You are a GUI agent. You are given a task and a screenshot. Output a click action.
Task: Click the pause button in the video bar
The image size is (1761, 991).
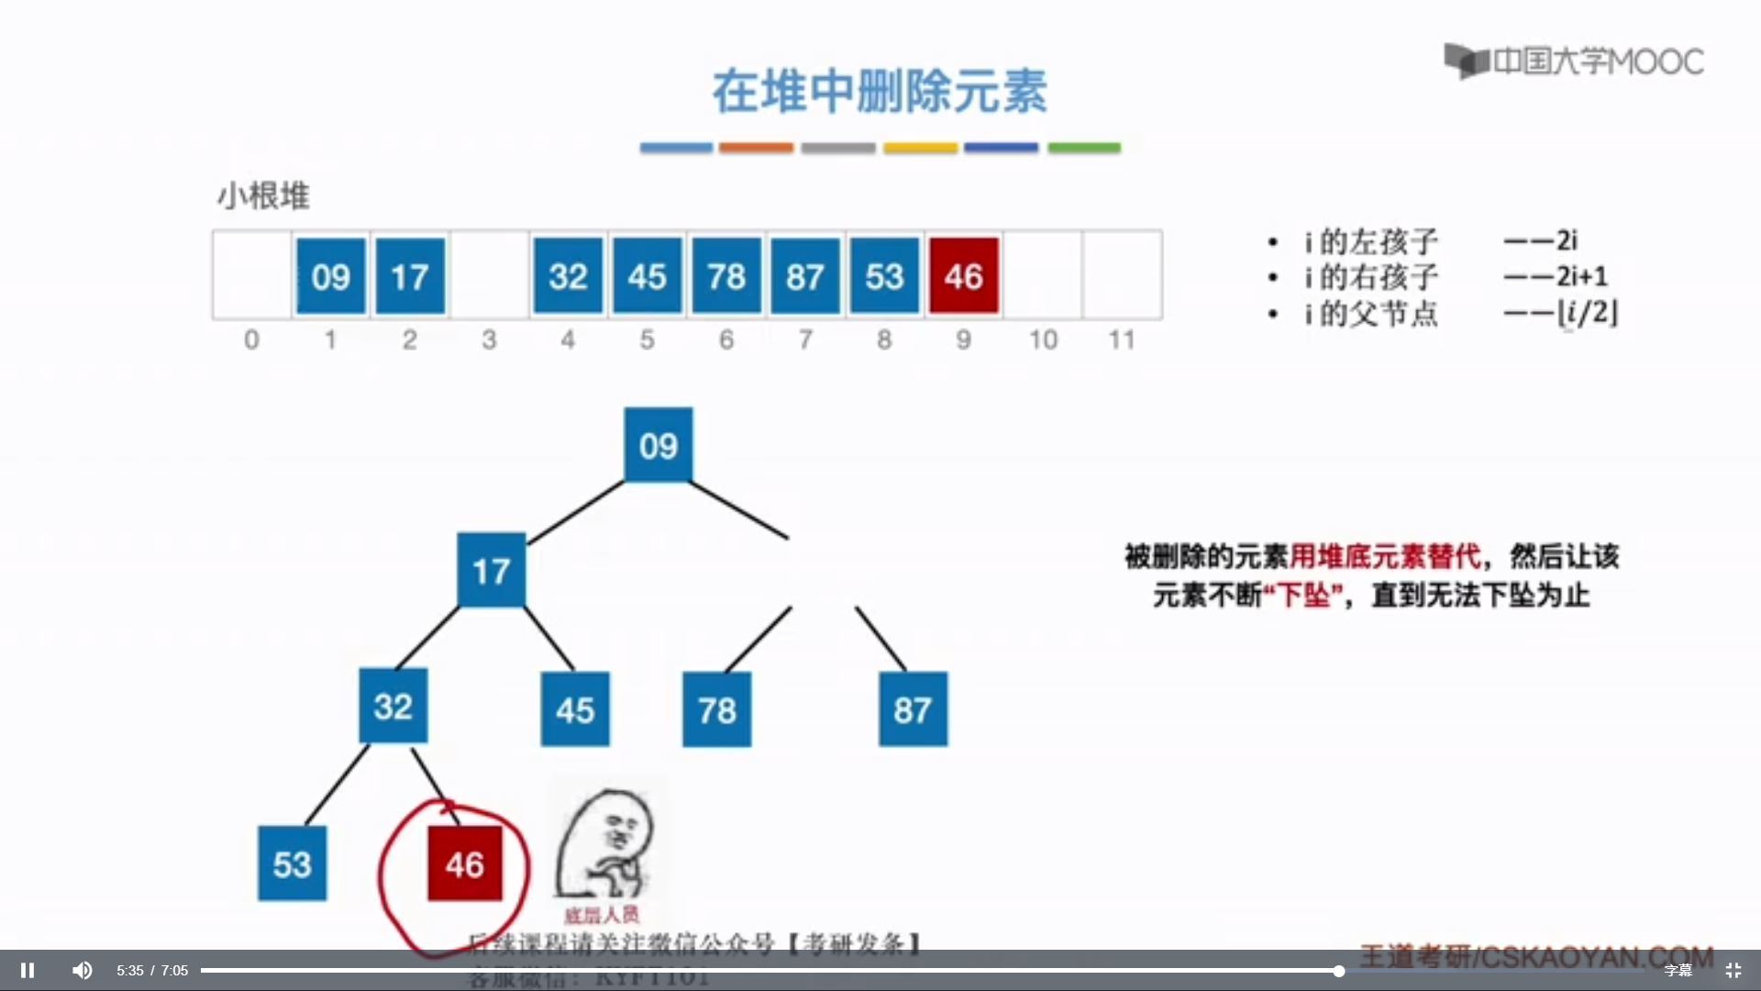[x=28, y=970]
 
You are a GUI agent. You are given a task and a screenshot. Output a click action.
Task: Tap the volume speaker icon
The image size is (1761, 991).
[x=83, y=970]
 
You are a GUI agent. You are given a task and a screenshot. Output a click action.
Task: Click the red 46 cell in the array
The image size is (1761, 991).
[x=963, y=275]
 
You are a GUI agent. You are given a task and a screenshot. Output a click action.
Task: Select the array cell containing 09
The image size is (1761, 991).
[x=331, y=275]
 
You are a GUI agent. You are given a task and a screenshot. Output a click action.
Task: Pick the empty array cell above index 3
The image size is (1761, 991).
[x=489, y=275]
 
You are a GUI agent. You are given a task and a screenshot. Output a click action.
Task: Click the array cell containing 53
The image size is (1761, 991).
[x=884, y=275]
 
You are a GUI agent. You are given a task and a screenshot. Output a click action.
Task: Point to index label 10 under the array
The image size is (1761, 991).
[x=1043, y=340]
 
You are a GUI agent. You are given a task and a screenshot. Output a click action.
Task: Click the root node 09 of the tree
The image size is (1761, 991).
[x=659, y=445]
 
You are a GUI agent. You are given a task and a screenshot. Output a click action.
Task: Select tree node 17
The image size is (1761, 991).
[x=492, y=570]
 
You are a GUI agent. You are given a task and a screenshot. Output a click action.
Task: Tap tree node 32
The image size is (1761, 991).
[x=393, y=706]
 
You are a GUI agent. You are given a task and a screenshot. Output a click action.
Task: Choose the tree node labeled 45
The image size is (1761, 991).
[x=575, y=709]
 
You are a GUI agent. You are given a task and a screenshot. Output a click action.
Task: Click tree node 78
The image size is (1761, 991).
[x=717, y=709]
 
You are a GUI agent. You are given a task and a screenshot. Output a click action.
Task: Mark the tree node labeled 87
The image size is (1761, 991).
[x=913, y=709]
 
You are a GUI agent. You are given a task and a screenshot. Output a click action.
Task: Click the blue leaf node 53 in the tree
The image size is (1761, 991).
[x=293, y=863]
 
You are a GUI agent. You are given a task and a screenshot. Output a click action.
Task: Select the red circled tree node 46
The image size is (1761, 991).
[x=465, y=863]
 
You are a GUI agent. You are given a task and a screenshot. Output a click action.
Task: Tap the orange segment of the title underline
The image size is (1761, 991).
[x=756, y=147]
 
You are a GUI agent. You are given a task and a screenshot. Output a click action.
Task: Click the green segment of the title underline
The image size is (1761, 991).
[x=1084, y=147]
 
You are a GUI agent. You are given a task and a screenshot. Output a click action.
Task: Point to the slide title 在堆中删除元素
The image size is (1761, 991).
[x=880, y=92]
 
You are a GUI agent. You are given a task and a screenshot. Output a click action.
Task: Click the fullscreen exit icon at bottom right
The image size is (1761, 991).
[x=1733, y=970]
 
